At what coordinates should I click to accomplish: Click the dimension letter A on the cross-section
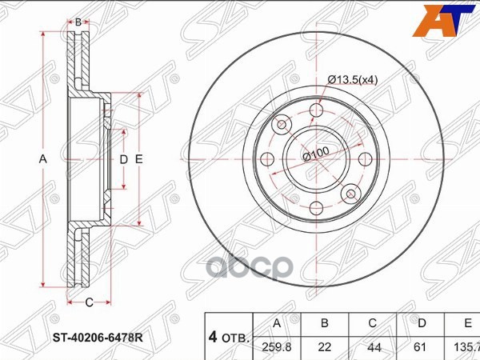coord(43,160)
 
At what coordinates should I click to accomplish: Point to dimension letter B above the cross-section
coord(78,22)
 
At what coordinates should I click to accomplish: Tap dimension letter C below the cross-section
coord(89,302)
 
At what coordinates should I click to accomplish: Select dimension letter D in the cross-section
coord(123,160)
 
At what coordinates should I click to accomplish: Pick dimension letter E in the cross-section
coord(138,160)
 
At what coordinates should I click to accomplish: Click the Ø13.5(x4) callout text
coord(355,78)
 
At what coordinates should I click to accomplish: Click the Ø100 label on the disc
coord(318,155)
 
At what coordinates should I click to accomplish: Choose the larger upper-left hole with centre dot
coord(282,126)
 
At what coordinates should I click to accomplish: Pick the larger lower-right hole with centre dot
coord(350,193)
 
